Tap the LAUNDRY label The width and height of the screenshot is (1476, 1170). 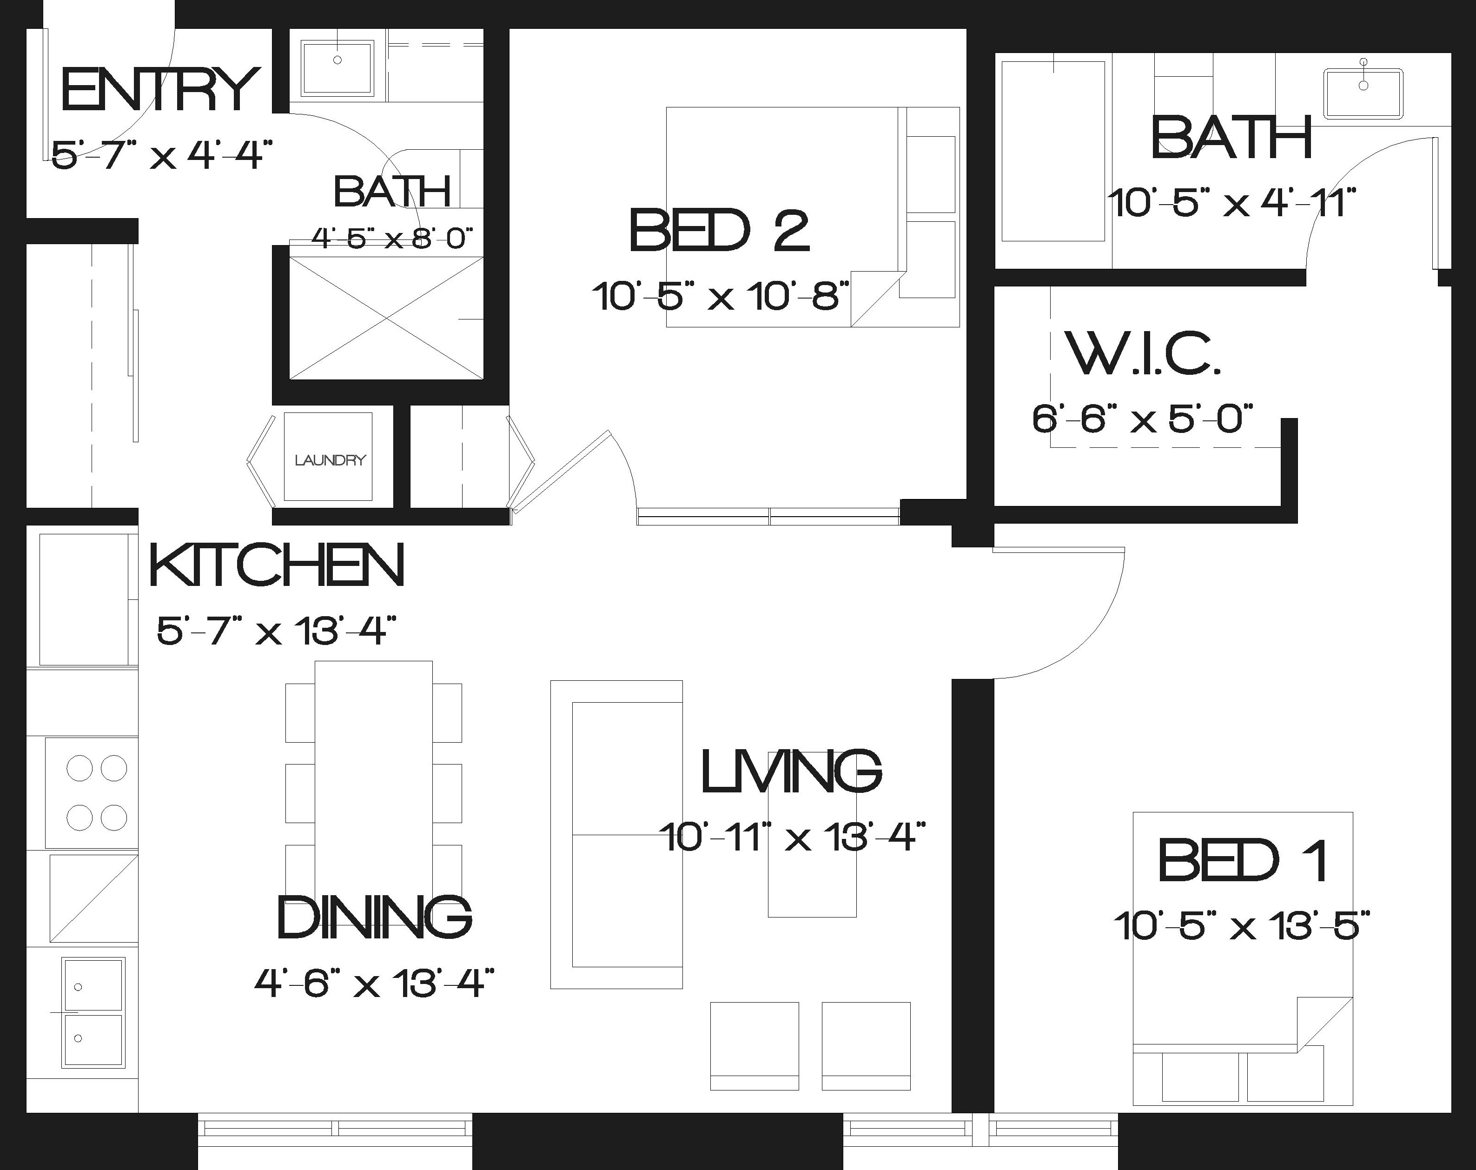point(330,460)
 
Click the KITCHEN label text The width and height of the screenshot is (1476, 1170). point(277,565)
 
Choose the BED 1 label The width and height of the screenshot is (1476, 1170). point(1243,861)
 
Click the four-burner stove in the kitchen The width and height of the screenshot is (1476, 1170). point(92,793)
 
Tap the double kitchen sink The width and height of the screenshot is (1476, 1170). point(93,1012)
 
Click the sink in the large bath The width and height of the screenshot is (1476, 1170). point(1363,93)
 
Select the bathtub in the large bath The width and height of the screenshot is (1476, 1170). point(1053,151)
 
